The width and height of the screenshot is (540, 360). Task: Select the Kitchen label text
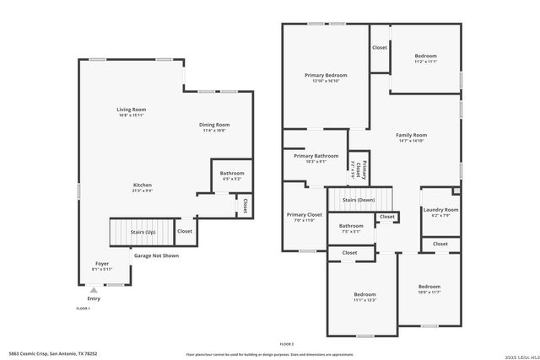pyautogui.click(x=142, y=186)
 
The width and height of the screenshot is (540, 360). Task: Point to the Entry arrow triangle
pyautogui.click(x=93, y=289)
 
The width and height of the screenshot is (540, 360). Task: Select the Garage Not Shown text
pyautogui.click(x=156, y=255)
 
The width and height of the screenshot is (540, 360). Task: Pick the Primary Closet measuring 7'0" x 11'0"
pyautogui.click(x=304, y=217)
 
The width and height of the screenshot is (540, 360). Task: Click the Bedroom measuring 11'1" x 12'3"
pyautogui.click(x=364, y=296)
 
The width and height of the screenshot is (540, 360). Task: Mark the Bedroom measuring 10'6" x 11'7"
pyautogui.click(x=429, y=287)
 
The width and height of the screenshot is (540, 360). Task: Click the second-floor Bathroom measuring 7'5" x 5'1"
pyautogui.click(x=351, y=228)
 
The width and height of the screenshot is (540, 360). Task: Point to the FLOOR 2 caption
pyautogui.click(x=287, y=344)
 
